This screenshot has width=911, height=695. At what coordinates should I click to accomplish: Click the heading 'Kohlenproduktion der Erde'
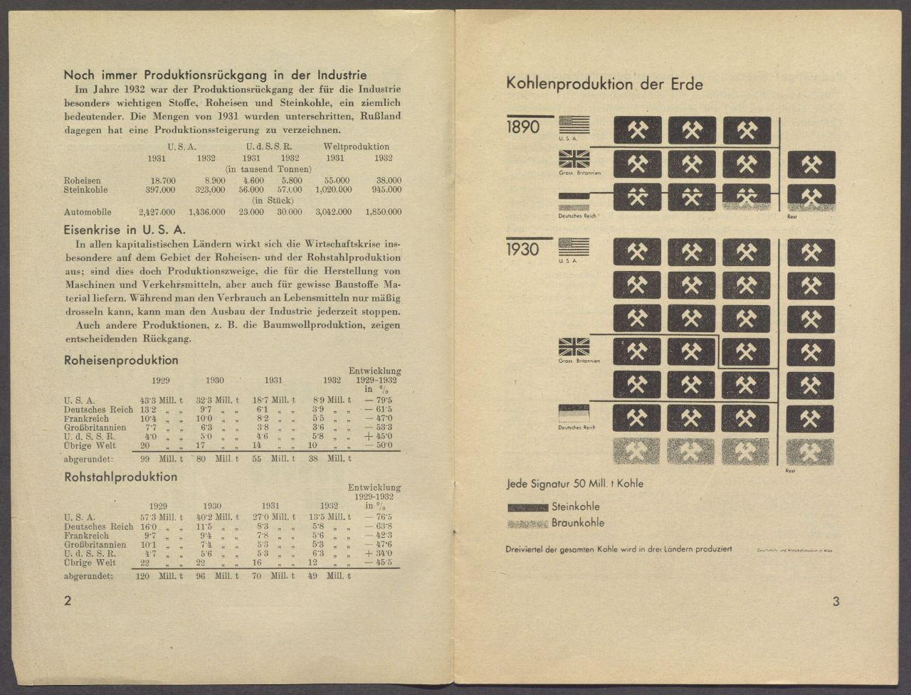coord(604,84)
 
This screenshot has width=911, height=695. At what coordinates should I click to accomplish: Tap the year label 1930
coord(523,250)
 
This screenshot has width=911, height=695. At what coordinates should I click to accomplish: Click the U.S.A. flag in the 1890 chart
coord(574,125)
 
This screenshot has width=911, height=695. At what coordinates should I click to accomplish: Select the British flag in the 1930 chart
coord(574,347)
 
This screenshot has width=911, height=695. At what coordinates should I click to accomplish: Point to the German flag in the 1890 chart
coord(574,202)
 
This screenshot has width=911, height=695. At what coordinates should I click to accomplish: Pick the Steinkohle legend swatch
coord(527,507)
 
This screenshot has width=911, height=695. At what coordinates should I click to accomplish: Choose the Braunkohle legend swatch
coord(527,523)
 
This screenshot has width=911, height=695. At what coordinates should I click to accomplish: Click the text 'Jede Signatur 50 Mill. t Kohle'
coord(574,484)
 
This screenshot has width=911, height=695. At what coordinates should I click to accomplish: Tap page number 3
coord(836,602)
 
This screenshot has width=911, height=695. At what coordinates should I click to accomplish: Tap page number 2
coord(68,601)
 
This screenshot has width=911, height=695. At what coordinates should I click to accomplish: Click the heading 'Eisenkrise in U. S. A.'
coord(125,230)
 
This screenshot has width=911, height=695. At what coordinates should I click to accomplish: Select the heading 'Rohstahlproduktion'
coord(120,477)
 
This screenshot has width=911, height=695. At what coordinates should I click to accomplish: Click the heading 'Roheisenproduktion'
coord(121,361)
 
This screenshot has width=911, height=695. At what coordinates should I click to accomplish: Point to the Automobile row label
coord(88,212)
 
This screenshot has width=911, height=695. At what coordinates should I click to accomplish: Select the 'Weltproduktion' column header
coord(356,147)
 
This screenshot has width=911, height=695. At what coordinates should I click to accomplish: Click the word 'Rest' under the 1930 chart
coord(790,471)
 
